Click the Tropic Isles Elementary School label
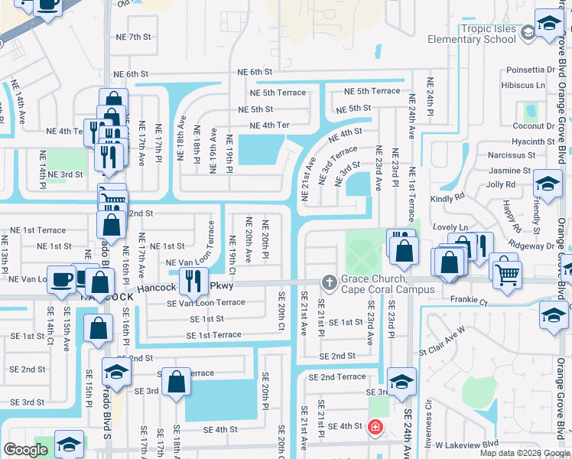488,34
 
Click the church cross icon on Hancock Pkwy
330,282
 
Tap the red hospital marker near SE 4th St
375,426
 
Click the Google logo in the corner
25,450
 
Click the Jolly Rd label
500,184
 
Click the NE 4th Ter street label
270,125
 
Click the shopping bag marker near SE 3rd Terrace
176,383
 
